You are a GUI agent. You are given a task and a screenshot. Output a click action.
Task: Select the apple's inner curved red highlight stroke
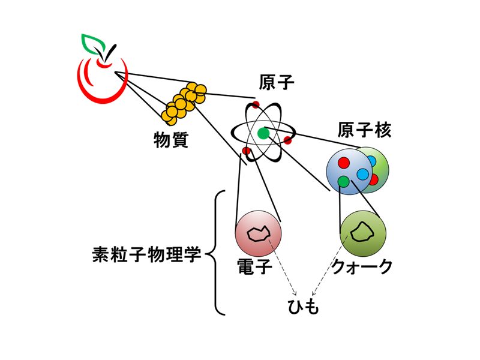click(x=87, y=75)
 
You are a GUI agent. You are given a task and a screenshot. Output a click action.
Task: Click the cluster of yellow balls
click(x=184, y=103)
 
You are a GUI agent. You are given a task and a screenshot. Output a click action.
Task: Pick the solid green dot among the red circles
click(x=263, y=133)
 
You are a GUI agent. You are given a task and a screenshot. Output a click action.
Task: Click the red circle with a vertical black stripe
click(x=246, y=151)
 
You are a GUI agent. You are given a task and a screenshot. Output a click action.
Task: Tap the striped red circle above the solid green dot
click(x=256, y=105)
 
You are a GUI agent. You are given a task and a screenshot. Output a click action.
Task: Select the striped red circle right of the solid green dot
click(x=287, y=140)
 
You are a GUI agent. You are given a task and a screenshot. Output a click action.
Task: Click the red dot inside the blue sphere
click(x=344, y=163)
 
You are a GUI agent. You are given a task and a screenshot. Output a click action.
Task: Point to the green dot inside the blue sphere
click(x=343, y=181)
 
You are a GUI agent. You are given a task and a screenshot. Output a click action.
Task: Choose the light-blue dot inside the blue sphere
click(x=362, y=174)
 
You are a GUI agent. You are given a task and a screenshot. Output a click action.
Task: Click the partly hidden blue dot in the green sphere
click(x=372, y=161)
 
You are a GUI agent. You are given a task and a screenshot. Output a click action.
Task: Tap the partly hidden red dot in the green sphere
click(x=374, y=179)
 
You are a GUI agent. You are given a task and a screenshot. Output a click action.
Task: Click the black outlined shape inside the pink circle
click(x=259, y=234)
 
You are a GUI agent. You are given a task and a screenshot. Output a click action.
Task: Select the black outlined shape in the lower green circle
click(x=362, y=232)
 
